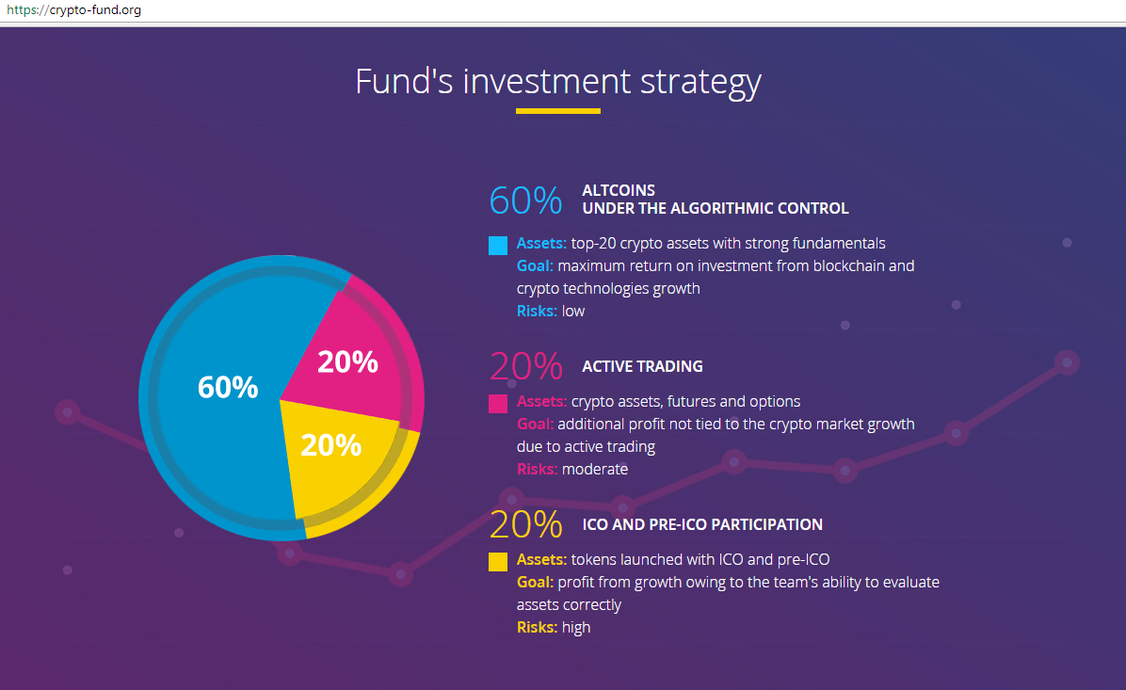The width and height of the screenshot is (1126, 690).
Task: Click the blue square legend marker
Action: [498, 246]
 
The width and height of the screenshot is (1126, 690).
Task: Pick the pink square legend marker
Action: [498, 404]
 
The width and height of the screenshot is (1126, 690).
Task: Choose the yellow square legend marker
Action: [498, 561]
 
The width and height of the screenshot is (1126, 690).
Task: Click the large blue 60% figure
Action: [525, 201]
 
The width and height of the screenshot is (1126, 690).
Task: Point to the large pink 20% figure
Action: [525, 365]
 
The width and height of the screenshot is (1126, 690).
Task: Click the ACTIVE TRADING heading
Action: [643, 366]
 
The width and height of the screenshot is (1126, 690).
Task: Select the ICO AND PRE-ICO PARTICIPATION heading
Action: [702, 524]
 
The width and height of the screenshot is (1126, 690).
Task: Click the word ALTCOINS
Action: [619, 190]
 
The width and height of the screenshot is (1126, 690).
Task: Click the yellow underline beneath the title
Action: [558, 111]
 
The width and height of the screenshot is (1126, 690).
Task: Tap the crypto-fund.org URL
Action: [73, 10]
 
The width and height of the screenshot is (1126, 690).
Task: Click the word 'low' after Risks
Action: [573, 311]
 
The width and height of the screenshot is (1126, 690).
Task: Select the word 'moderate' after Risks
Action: [595, 469]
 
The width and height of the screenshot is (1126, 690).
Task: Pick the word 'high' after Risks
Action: [576, 628]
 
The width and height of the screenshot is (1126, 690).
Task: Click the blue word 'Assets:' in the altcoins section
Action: [541, 244]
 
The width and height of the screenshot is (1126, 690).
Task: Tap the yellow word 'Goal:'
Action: [535, 583]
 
